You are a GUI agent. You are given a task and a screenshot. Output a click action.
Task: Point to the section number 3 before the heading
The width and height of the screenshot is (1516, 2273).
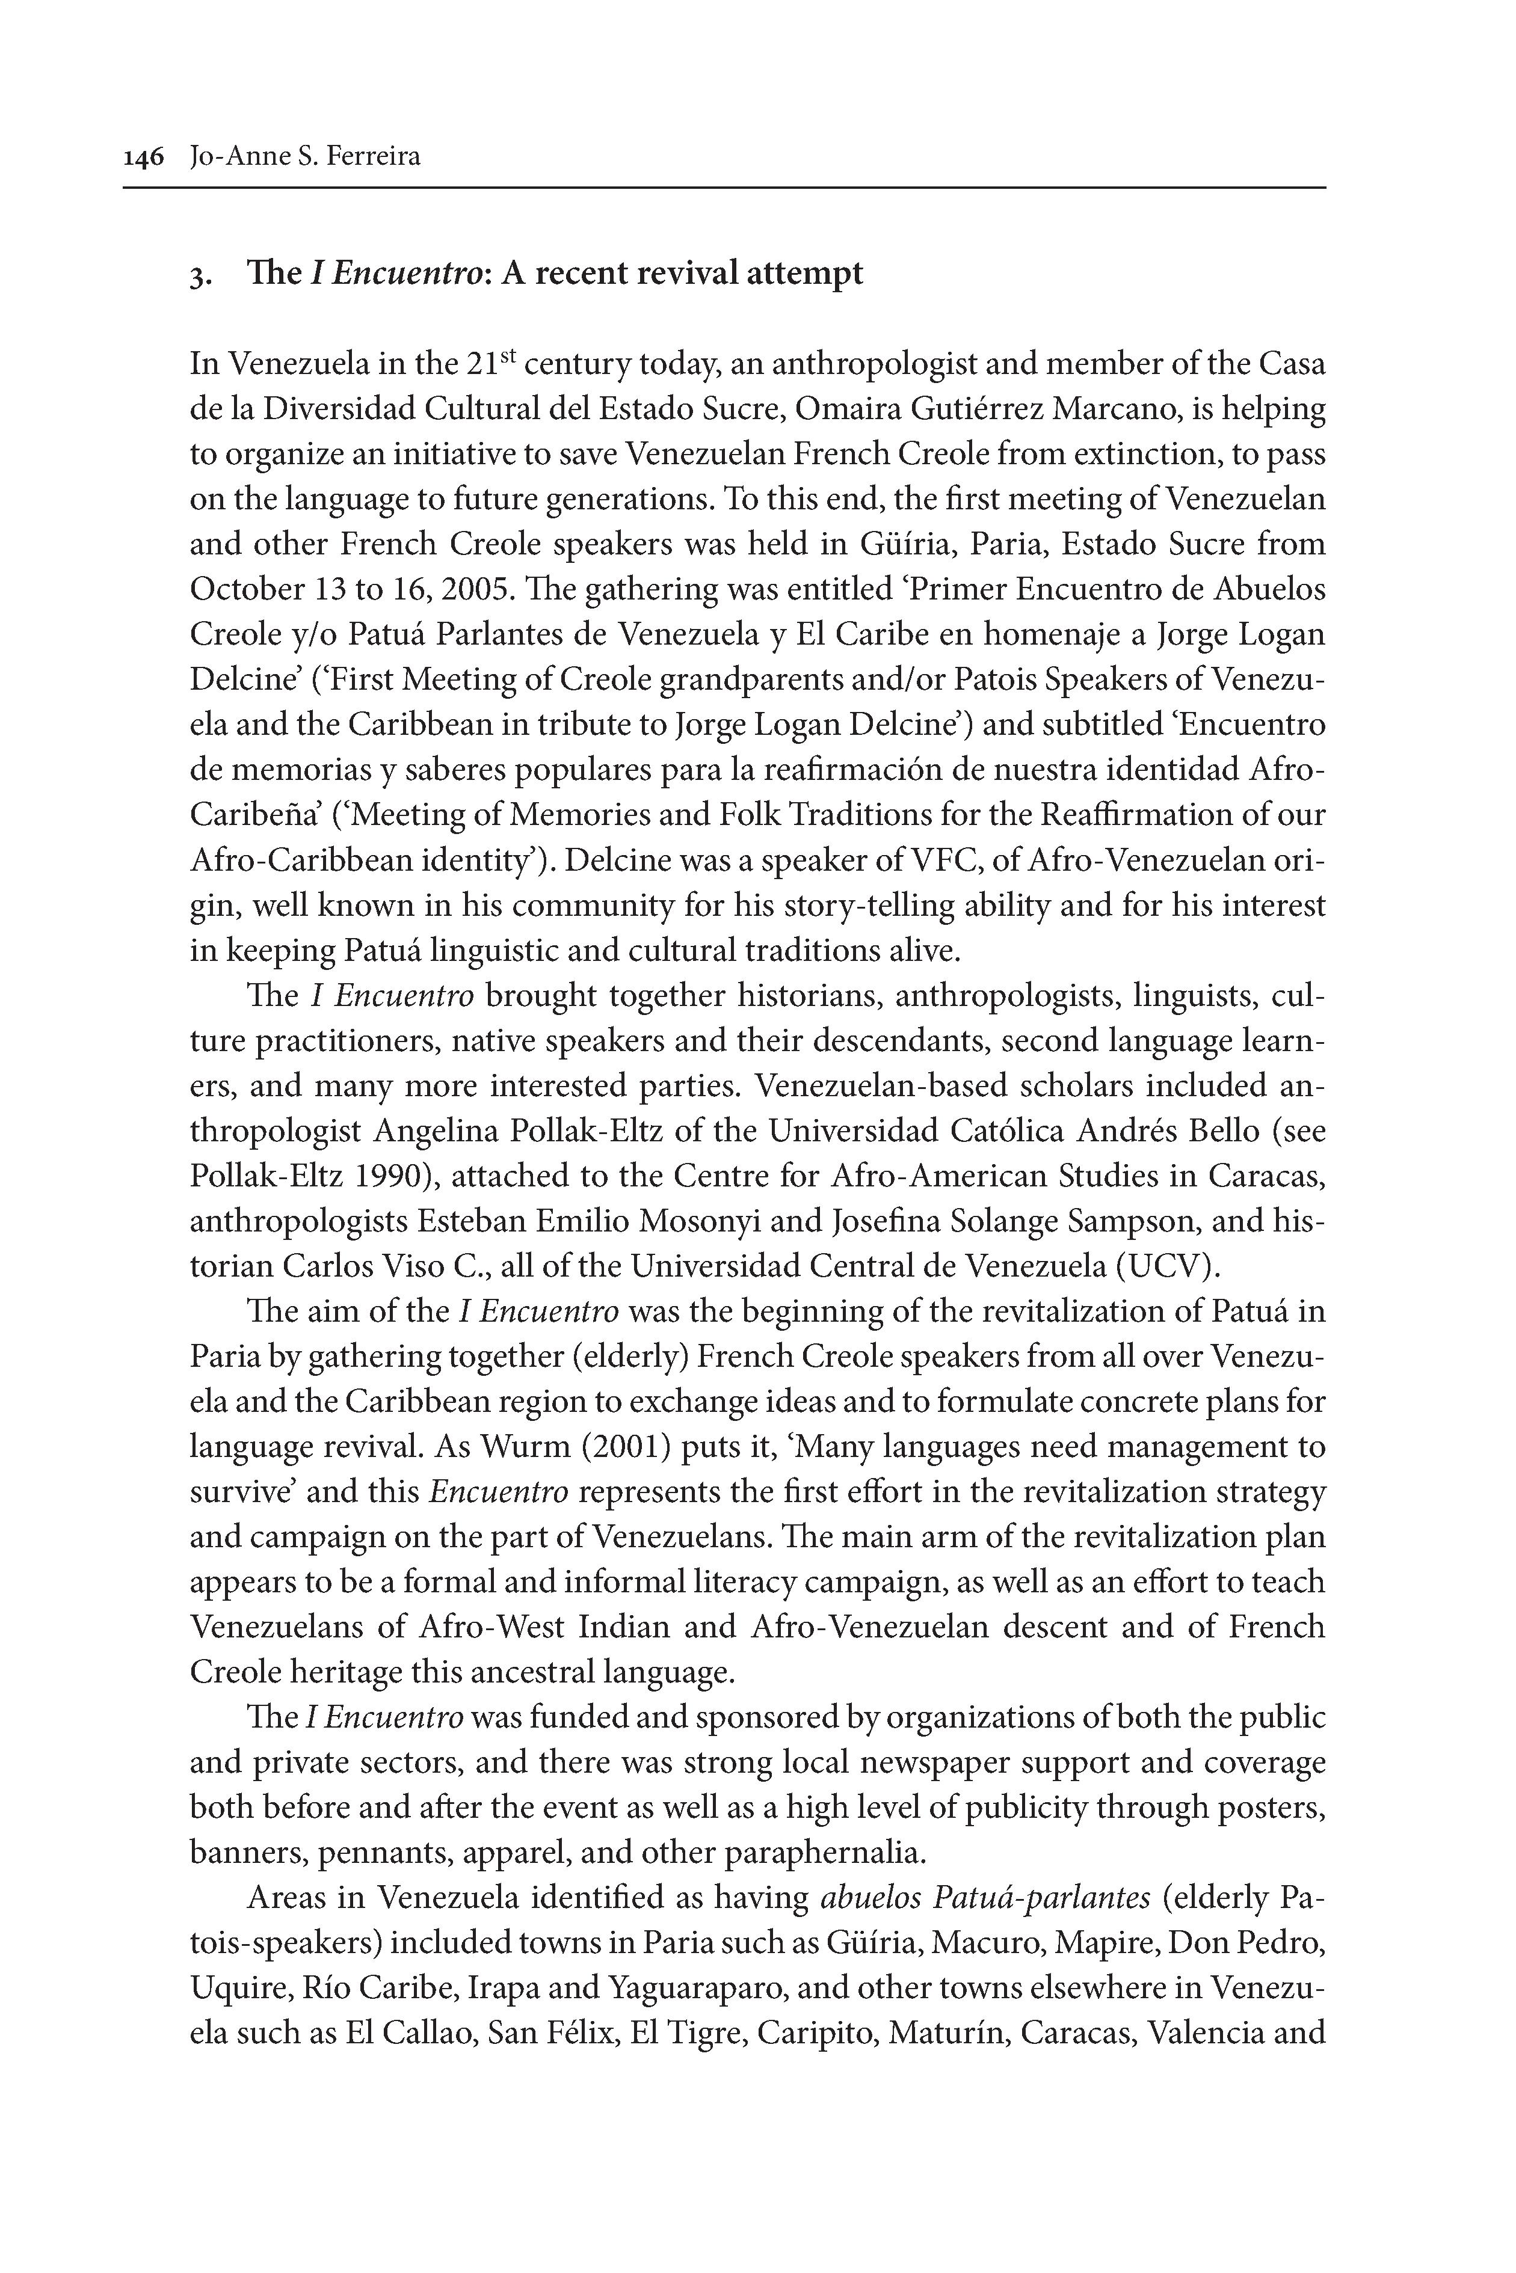point(196,277)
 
